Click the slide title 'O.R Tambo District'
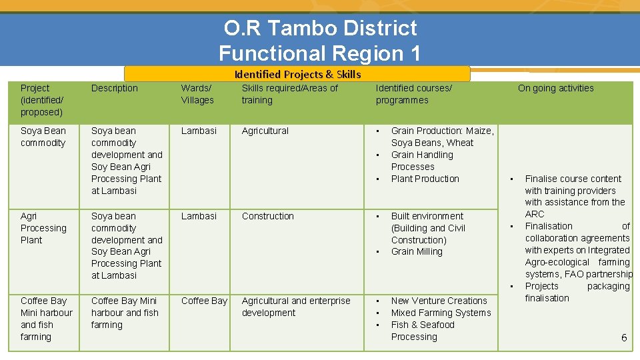click(x=320, y=28)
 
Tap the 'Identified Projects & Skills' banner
click(x=297, y=74)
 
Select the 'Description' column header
click(x=115, y=88)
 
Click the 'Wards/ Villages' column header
click(x=197, y=94)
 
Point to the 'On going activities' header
click(x=555, y=88)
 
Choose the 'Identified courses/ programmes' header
click(x=413, y=94)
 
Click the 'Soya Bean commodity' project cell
click(x=43, y=137)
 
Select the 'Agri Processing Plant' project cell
click(x=43, y=228)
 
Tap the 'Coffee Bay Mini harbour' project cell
click(x=45, y=319)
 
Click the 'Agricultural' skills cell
click(x=265, y=131)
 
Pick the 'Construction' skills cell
click(x=267, y=216)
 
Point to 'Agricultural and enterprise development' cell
click(x=295, y=307)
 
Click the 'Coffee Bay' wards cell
click(x=204, y=301)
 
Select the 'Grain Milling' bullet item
click(x=417, y=251)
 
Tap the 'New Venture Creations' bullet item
click(x=439, y=301)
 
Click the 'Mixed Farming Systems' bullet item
click(x=441, y=313)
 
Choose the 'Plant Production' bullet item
click(x=425, y=179)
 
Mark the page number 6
click(x=624, y=338)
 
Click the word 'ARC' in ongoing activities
click(x=535, y=214)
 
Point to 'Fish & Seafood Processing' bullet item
click(x=423, y=331)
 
